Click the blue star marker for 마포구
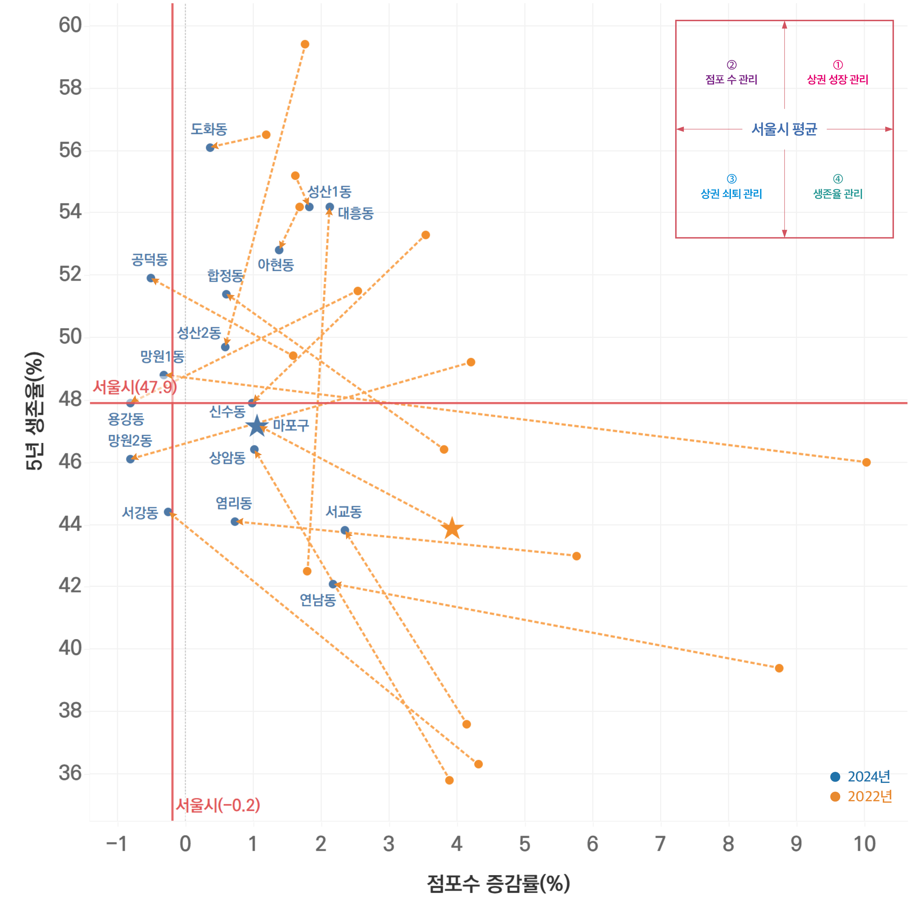coord(257,426)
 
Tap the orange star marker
coord(452,528)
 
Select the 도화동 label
coord(209,129)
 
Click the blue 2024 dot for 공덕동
coord(151,278)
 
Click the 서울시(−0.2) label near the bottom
coord(218,805)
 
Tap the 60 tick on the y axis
coord(70,25)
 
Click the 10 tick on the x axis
coord(864,844)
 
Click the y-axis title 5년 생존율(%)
coord(34,411)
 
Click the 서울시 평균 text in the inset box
coord(784,129)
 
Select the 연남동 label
coord(318,600)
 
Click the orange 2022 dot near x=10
coord(866,462)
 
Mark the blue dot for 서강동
coord(168,512)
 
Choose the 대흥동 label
coord(356,213)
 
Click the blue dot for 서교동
coord(345,530)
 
